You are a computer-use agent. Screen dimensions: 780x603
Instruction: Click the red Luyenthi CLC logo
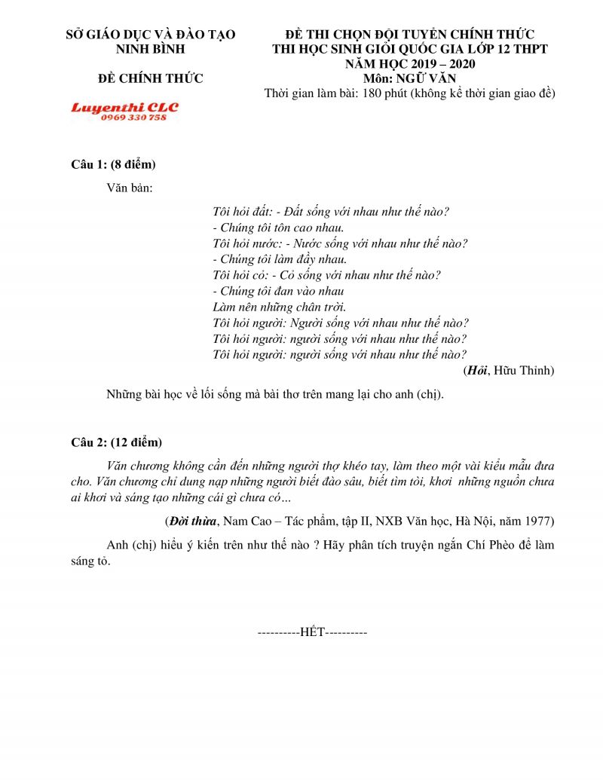[125, 108]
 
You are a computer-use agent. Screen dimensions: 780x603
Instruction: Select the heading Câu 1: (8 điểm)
[113, 164]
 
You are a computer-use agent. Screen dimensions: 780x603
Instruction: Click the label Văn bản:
[130, 188]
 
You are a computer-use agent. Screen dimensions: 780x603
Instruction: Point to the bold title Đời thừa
[190, 521]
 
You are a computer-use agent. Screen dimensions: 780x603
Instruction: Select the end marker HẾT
[312, 632]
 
